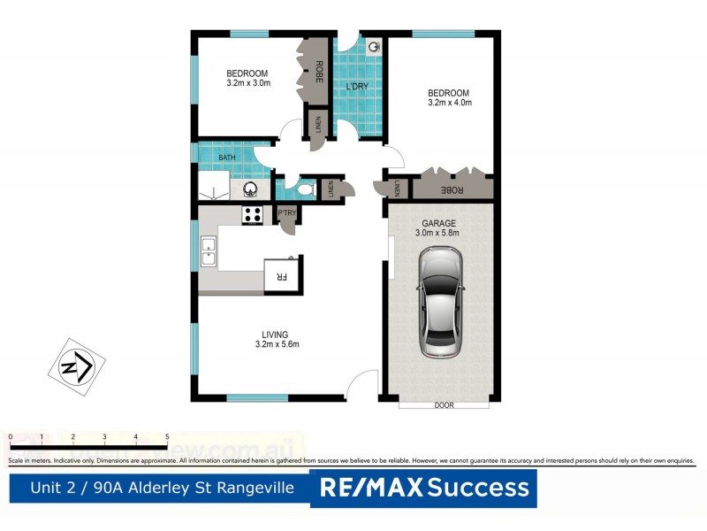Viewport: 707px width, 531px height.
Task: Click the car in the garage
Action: point(440,302)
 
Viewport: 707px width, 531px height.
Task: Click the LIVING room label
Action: point(274,334)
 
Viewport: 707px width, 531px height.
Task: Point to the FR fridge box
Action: point(283,276)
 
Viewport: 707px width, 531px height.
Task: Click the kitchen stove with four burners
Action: point(253,214)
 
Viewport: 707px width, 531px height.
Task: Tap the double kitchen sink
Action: point(209,251)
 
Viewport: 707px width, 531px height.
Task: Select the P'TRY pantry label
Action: point(286,213)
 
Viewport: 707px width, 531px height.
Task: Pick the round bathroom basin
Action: point(251,189)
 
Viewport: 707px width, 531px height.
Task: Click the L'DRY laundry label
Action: point(357,86)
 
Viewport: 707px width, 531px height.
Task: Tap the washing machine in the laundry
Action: point(375,47)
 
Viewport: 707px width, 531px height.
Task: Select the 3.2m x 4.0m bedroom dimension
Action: point(449,103)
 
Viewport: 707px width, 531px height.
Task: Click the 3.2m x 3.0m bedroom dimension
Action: point(247,83)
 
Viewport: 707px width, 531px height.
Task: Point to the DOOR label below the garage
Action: point(445,406)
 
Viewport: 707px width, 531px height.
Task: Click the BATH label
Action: point(228,158)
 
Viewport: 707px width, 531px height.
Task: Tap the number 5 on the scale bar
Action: point(167,437)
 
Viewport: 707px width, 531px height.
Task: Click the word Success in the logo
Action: point(480,488)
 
